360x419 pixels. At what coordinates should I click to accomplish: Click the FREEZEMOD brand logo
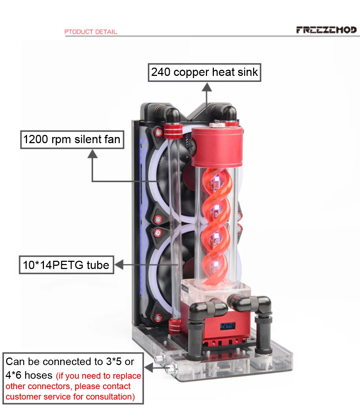coord(326,30)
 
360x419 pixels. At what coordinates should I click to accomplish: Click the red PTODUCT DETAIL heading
coord(91,32)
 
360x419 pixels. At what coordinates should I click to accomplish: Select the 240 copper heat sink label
coord(204,72)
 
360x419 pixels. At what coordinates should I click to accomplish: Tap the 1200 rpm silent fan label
coord(72,139)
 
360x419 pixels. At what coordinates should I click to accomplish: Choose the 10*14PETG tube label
coord(66,265)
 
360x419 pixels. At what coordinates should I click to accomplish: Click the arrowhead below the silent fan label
coord(93,154)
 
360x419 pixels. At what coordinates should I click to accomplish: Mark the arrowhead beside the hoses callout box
coord(148,368)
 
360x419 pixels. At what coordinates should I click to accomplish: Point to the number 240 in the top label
coord(161,72)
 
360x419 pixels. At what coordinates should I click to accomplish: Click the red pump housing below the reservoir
coord(223,325)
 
